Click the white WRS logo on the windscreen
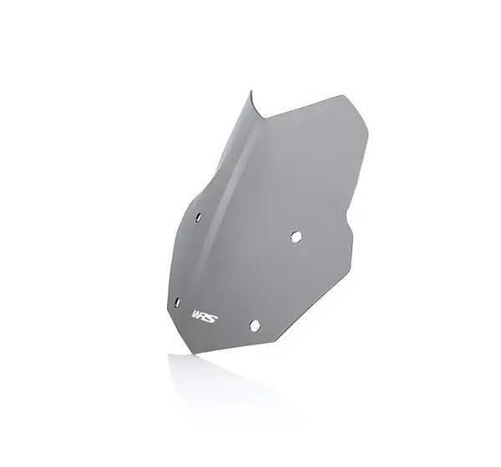205,316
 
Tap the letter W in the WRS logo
196,314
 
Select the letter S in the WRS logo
212,318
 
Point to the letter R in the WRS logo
204,316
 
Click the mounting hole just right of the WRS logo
255,325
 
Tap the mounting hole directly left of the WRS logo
177,302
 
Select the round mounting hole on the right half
296,237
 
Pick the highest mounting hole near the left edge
199,217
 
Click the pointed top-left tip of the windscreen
250,91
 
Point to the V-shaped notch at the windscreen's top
263,118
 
